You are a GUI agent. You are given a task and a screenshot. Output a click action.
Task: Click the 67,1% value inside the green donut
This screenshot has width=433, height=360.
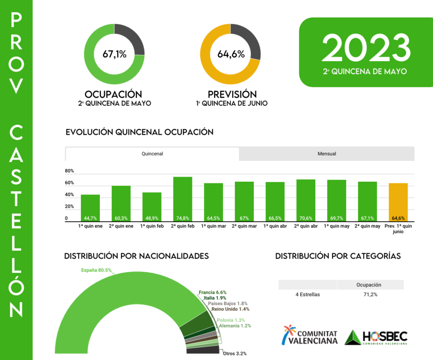(x=114, y=54)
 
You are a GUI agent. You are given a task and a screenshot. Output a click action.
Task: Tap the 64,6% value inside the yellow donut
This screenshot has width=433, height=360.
(x=231, y=54)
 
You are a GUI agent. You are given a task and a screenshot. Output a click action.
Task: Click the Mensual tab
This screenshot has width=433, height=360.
(x=326, y=154)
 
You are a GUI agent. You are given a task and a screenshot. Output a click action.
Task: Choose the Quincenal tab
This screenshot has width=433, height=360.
(x=152, y=154)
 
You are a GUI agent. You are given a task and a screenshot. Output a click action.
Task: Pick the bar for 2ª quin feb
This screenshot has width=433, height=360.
(x=183, y=199)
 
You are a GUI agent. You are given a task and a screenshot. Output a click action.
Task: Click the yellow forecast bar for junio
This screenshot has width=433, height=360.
(x=398, y=202)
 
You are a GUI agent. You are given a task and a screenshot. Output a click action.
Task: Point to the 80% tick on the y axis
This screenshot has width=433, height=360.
(x=70, y=171)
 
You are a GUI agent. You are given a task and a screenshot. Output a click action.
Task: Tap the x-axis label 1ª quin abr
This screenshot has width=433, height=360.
(x=275, y=226)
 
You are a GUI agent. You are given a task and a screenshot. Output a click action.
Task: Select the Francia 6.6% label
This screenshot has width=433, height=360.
(x=213, y=292)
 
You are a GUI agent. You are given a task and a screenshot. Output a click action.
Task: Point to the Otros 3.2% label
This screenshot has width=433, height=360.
(x=235, y=353)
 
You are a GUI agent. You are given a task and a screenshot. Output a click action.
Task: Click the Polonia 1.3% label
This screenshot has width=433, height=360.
(x=231, y=320)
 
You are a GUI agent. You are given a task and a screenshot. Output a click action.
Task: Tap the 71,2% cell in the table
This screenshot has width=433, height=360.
(x=370, y=294)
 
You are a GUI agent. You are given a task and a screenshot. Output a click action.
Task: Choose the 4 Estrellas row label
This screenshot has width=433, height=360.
(x=307, y=294)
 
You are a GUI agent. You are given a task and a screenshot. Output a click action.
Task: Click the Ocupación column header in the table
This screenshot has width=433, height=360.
(x=370, y=285)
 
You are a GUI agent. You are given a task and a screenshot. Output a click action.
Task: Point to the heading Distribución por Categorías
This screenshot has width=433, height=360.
(x=338, y=256)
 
